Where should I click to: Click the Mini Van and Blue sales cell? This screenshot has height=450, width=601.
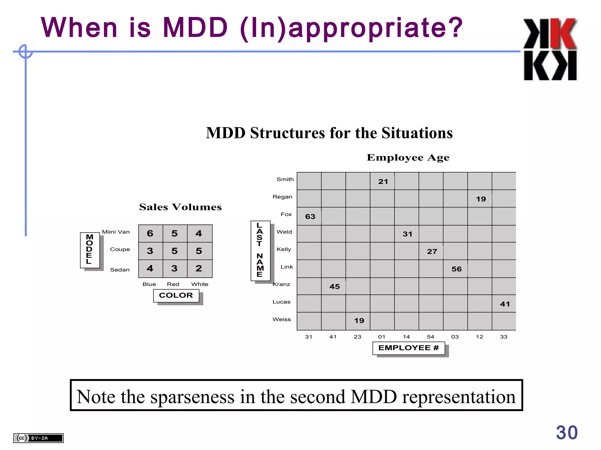click(x=150, y=233)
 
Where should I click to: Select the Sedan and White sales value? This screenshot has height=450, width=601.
click(x=199, y=268)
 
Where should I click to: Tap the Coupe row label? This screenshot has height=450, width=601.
click(x=120, y=249)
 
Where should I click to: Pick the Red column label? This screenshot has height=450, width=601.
click(x=173, y=284)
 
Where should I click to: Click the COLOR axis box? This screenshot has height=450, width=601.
click(x=176, y=295)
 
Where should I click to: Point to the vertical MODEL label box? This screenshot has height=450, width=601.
click(x=90, y=250)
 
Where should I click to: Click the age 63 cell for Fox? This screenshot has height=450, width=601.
click(x=310, y=217)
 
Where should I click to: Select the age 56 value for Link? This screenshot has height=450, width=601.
click(x=457, y=269)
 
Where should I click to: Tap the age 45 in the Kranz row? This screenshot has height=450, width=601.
click(x=335, y=287)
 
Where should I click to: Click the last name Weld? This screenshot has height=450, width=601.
click(x=284, y=232)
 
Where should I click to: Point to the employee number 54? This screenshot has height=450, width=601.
click(x=431, y=337)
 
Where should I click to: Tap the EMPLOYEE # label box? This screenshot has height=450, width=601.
click(x=408, y=348)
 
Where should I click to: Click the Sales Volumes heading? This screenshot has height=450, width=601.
click(x=180, y=207)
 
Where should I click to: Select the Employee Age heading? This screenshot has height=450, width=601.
click(x=408, y=158)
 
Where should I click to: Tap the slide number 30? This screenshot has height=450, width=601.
click(x=567, y=432)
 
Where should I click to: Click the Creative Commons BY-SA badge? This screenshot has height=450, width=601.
click(x=38, y=438)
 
